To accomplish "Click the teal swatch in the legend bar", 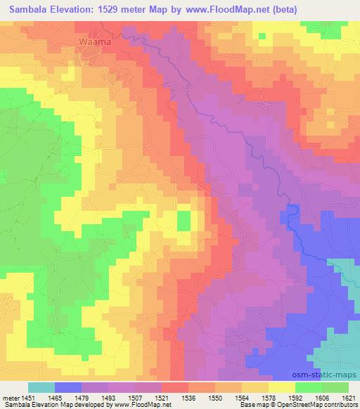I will (x=41, y=387).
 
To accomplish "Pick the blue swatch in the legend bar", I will (x=68, y=387).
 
